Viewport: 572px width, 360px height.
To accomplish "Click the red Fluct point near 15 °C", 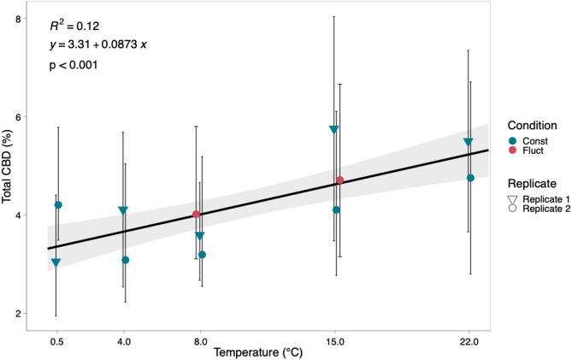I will click(x=339, y=180).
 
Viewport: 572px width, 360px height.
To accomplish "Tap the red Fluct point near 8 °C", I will click(x=196, y=214).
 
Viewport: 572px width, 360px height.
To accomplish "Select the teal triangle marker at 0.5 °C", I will click(x=56, y=263).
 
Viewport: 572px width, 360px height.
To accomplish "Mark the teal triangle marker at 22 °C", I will click(x=468, y=143).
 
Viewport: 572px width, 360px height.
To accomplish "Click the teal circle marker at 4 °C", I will click(x=126, y=260).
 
